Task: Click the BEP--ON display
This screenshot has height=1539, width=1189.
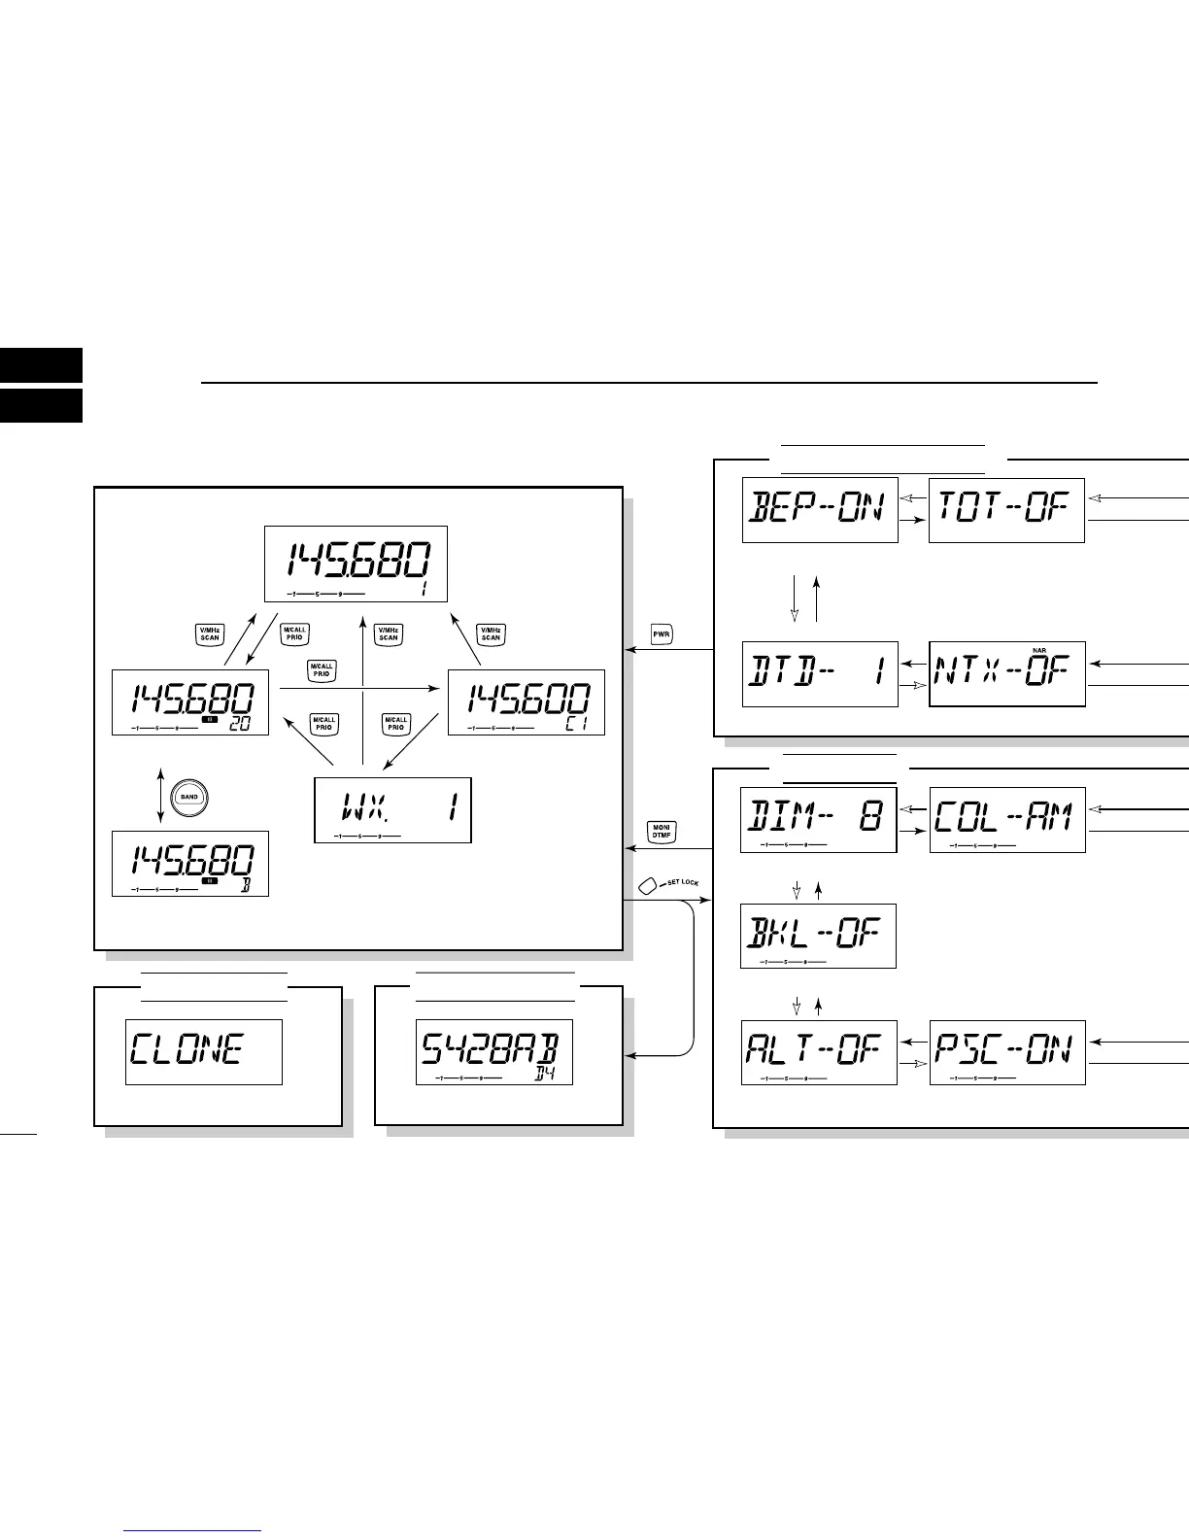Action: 820,510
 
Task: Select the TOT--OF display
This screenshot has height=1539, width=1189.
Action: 1006,510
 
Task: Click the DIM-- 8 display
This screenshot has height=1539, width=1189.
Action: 818,820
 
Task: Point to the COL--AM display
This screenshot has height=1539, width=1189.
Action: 1006,820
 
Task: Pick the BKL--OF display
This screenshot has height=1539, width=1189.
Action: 818,936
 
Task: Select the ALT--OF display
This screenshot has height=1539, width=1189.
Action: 818,1052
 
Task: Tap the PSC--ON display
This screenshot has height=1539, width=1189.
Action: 1006,1052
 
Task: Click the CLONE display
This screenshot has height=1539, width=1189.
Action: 204,1052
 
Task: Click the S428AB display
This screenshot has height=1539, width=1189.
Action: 494,1052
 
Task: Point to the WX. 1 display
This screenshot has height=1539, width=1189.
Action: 392,809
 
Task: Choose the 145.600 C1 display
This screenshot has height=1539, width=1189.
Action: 526,701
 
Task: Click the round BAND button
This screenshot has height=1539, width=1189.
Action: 188,797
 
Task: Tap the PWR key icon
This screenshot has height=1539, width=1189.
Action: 662,635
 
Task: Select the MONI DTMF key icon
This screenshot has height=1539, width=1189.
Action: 662,833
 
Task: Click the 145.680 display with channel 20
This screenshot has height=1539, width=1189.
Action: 190,701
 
